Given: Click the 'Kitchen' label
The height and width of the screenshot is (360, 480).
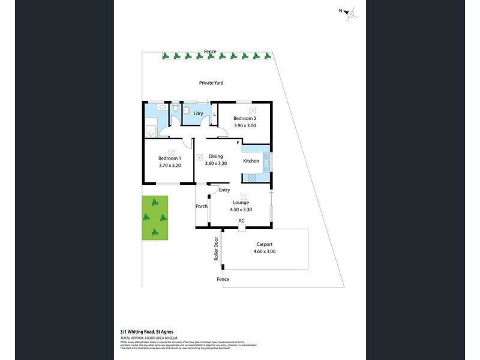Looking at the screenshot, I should [x=251, y=161].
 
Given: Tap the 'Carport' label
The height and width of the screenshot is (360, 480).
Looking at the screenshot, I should [x=264, y=244].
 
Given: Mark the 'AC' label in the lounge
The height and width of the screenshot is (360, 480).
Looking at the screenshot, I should [x=241, y=221].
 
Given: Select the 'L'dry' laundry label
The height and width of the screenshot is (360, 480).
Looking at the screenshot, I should [x=198, y=114].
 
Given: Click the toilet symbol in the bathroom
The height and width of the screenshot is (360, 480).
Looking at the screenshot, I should [x=174, y=111].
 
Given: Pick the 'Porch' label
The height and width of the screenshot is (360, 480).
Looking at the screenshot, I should [x=202, y=206].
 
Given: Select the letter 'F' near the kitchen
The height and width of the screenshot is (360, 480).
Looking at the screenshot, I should [x=238, y=142].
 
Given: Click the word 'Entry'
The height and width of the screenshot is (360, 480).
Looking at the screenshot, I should [x=224, y=190].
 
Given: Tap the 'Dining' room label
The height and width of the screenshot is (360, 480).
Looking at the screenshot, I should [x=215, y=157].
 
